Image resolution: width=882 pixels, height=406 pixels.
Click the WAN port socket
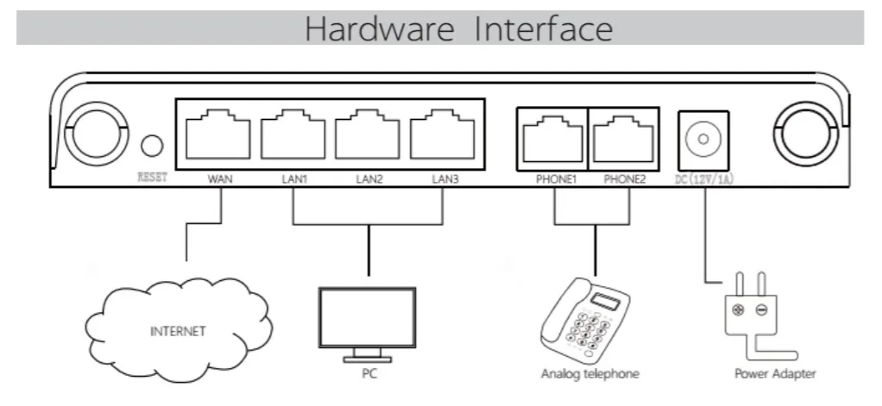coord(218,134)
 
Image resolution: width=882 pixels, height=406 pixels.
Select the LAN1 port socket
coord(293,134)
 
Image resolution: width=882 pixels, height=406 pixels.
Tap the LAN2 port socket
coord(368,134)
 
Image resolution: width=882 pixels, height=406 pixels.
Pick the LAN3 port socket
coord(442,134)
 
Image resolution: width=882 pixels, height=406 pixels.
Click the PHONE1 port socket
coord(552,140)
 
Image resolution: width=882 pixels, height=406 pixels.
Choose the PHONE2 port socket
coord(623,140)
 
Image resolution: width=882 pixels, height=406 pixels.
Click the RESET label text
coord(153,178)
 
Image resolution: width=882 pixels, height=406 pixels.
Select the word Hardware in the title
coord(379,28)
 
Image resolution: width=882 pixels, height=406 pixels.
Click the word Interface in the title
coord(544,28)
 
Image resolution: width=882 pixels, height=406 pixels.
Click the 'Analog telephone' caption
coord(590,374)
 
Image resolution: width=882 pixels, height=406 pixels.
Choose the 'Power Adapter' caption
coord(775,374)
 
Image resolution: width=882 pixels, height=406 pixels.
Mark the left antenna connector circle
coord(97,134)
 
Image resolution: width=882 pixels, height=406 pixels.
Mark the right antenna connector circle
coord(806,134)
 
